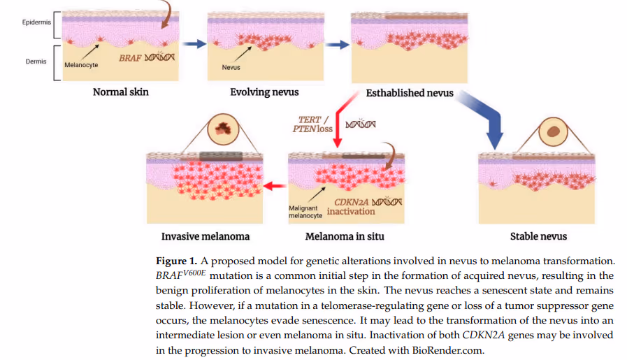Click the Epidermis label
coord(36,22)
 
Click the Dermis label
coord(36,62)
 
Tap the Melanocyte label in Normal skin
coord(81,65)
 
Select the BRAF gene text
coord(130,58)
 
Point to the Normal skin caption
coord(121,92)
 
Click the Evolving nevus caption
coord(264,92)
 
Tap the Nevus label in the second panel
coord(231,67)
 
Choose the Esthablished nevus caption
coord(410,93)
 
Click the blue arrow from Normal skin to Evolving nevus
coord(195,43)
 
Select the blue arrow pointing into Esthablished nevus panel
coord(338,45)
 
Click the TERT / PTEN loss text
coord(312,124)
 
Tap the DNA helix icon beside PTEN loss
coord(361,124)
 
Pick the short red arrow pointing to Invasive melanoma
coord(275,186)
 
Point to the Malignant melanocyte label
coord(305,212)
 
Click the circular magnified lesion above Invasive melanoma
coord(223,129)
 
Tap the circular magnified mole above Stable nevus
coord(554,131)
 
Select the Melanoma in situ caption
coord(345,236)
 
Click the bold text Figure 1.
coord(176,261)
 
